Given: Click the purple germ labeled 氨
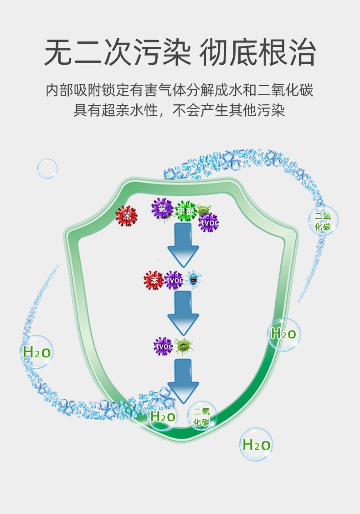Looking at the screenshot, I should pos(161,208).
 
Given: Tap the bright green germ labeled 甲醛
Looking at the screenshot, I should pos(185,211).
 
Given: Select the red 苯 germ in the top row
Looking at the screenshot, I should pos(126,216).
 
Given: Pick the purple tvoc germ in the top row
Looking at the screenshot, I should pos(209,223).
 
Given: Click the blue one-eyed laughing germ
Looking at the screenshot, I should pos(193,280).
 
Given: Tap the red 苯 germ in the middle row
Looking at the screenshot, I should pos(154,280).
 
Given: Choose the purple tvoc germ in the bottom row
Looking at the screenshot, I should pos(163,346).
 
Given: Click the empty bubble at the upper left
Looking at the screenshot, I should pos(47,169).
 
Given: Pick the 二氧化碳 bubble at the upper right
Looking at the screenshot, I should pos(323,221).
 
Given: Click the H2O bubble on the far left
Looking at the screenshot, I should pos(36,352).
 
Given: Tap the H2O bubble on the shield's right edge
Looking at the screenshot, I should pos(283,334).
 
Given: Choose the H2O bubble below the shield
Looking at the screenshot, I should pos(256,444).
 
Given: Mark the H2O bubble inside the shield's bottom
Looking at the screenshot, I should pos(163,416).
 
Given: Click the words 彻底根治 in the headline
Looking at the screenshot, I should pos(257,53).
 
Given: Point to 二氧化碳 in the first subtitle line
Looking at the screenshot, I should pos(285,90).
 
